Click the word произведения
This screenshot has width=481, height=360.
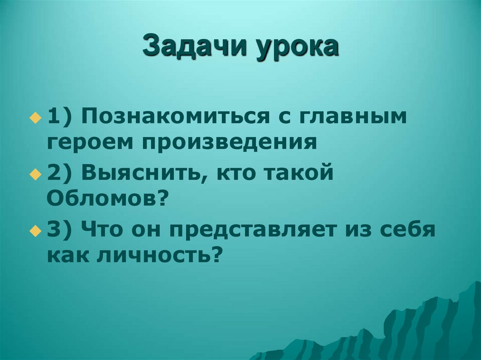click(227, 142)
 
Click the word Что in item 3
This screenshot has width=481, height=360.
click(100, 230)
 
